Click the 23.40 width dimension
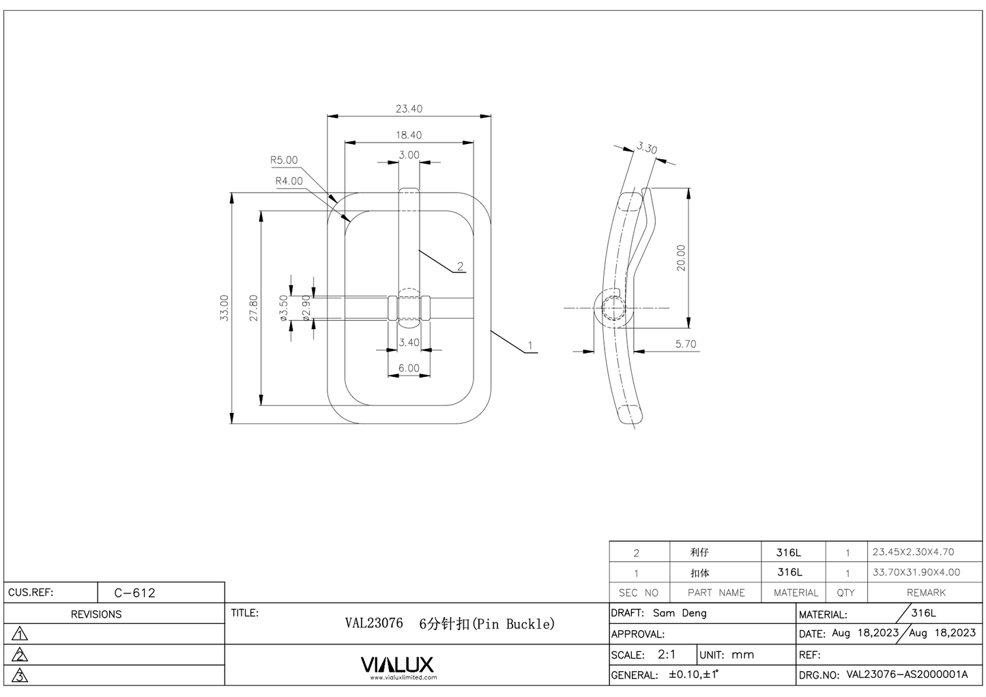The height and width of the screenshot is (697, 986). click(409, 109)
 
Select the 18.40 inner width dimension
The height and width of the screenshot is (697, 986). click(409, 135)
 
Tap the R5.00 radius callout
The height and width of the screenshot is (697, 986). click(284, 160)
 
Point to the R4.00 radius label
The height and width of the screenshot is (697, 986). click(289, 181)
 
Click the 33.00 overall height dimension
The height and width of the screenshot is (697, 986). click(224, 308)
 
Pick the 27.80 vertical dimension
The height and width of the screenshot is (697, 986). click(254, 308)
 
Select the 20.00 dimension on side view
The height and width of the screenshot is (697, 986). click(681, 258)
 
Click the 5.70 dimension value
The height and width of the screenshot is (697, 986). click(686, 344)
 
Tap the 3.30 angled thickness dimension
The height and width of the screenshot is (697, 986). click(647, 148)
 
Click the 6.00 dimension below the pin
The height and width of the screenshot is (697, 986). click(409, 368)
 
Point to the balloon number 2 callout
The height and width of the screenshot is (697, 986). click(461, 266)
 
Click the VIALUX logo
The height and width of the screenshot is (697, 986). click(396, 664)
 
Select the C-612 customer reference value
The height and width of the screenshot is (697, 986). click(135, 593)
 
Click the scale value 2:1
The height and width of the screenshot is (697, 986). click(667, 654)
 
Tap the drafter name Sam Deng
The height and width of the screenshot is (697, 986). click(680, 613)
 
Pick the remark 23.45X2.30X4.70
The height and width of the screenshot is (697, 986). click(913, 552)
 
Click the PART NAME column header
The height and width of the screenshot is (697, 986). click(716, 593)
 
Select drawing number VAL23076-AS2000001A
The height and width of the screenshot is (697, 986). click(907, 674)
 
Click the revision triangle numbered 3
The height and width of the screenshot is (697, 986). click(20, 676)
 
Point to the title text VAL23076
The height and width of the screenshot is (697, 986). click(374, 623)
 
